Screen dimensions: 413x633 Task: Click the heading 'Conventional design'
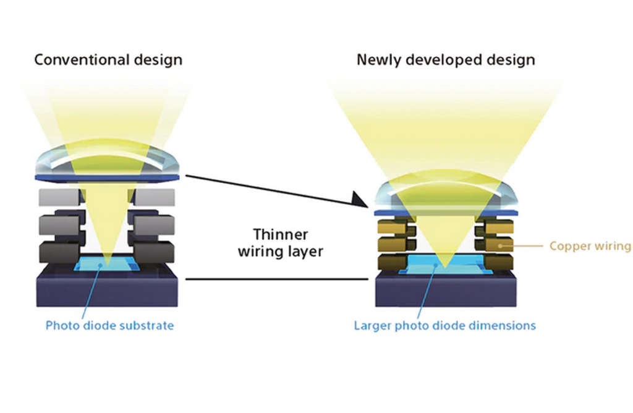(108, 60)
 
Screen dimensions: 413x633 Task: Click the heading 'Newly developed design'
(446, 60)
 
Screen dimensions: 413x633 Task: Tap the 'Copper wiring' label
(590, 246)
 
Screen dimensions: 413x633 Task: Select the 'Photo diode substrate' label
(109, 325)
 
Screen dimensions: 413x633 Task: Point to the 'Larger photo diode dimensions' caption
(444, 325)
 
